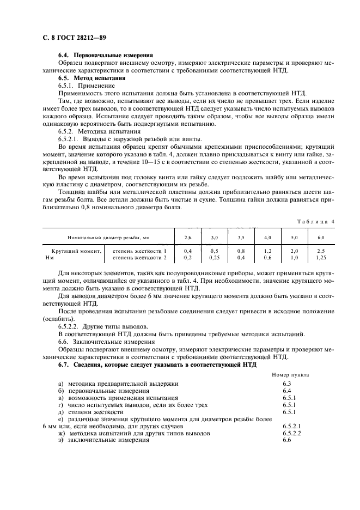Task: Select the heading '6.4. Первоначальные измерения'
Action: (x=106, y=55)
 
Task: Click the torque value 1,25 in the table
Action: (x=321, y=257)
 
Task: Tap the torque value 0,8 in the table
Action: (x=241, y=251)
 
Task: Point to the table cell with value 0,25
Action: (x=215, y=257)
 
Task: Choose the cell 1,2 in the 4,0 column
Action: (x=267, y=251)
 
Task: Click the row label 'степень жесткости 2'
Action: (x=139, y=257)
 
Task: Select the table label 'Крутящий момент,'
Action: (x=73, y=251)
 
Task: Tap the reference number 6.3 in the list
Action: (x=288, y=384)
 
